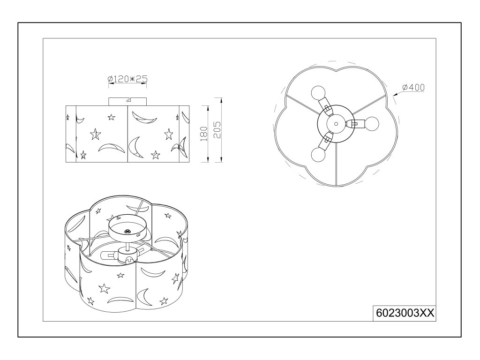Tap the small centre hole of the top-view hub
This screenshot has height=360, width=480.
click(x=336, y=123)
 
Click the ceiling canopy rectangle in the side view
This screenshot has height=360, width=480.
click(x=128, y=101)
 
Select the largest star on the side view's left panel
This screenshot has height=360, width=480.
click(x=95, y=135)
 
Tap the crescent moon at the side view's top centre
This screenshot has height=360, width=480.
click(x=143, y=118)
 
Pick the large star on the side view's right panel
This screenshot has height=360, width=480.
click(x=169, y=135)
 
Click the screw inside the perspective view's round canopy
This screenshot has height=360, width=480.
click(x=128, y=230)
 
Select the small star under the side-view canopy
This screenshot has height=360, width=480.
click(x=112, y=117)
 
